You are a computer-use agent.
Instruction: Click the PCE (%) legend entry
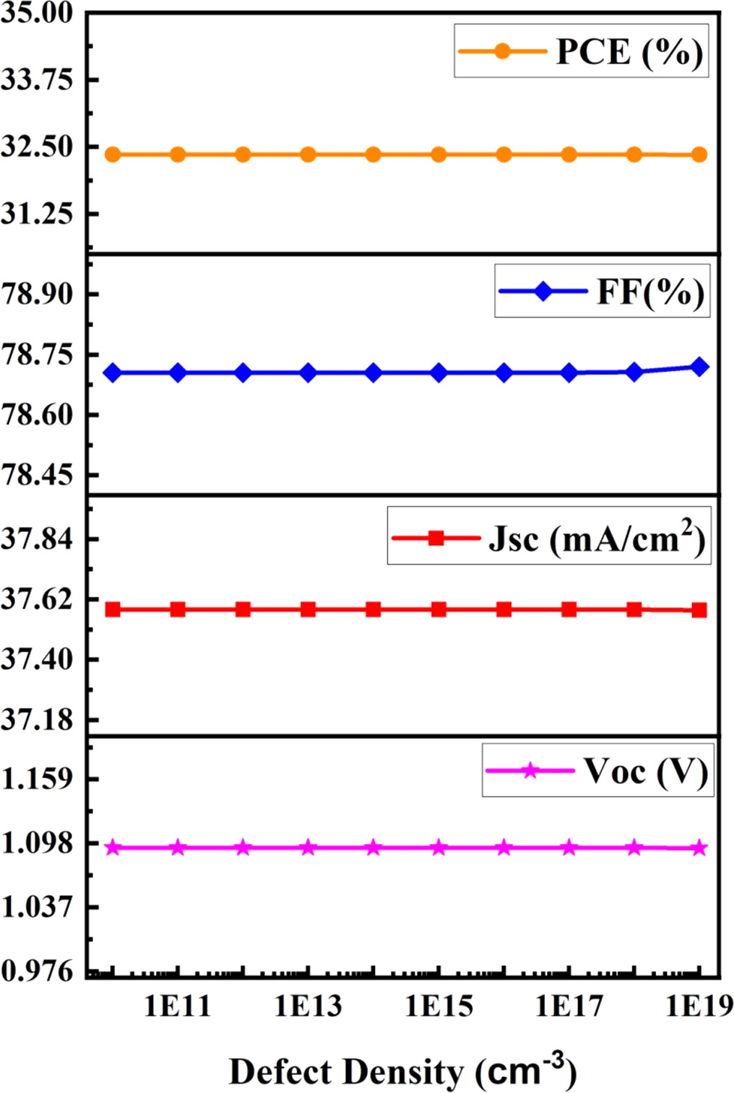(582, 51)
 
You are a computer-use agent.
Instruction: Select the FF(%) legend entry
(603, 292)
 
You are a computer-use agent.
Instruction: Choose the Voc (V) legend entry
(598, 771)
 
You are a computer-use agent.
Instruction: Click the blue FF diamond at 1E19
(699, 367)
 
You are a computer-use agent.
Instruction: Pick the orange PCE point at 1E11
(178, 154)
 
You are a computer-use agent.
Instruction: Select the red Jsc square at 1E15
(439, 609)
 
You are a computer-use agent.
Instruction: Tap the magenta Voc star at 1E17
(569, 848)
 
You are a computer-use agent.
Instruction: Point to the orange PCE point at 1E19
(699, 154)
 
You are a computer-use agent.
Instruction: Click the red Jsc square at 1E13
(308, 609)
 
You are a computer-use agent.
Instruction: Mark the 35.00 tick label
(37, 13)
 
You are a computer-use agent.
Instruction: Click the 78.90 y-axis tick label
(37, 295)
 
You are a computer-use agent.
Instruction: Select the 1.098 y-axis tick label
(37, 842)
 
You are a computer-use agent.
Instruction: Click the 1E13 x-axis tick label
(308, 1006)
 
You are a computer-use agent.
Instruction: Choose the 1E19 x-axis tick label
(699, 1006)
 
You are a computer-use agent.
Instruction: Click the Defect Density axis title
(402, 1072)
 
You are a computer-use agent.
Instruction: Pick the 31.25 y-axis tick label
(37, 214)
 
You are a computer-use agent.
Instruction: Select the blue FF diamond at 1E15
(439, 373)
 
